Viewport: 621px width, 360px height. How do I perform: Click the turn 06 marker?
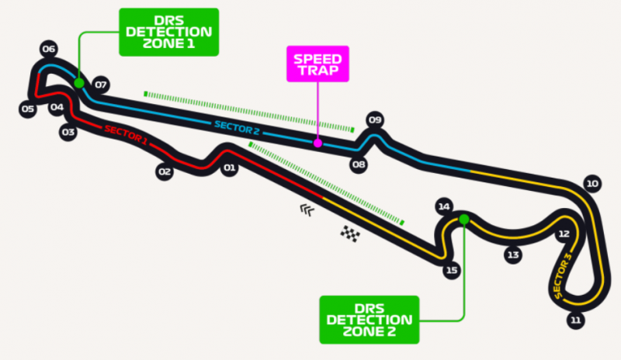[x=50, y=50]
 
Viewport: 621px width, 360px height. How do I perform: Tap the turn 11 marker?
[x=574, y=319]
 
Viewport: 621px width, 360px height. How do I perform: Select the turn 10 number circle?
[x=592, y=184]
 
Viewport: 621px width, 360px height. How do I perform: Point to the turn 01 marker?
[x=229, y=168]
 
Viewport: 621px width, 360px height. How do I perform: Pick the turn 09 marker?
[x=376, y=119]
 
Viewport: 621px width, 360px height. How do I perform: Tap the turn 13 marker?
[x=511, y=254]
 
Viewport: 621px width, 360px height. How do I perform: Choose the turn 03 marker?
[x=68, y=133]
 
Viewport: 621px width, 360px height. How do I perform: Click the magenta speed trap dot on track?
[x=317, y=143]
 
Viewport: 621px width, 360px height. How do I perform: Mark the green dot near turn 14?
[x=463, y=220]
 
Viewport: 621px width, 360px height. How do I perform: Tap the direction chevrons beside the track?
[x=308, y=209]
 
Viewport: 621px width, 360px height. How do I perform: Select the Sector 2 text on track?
[x=236, y=128]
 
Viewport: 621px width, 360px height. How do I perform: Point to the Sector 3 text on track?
[x=563, y=275]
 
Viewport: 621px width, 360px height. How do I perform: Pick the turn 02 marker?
[x=164, y=172]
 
